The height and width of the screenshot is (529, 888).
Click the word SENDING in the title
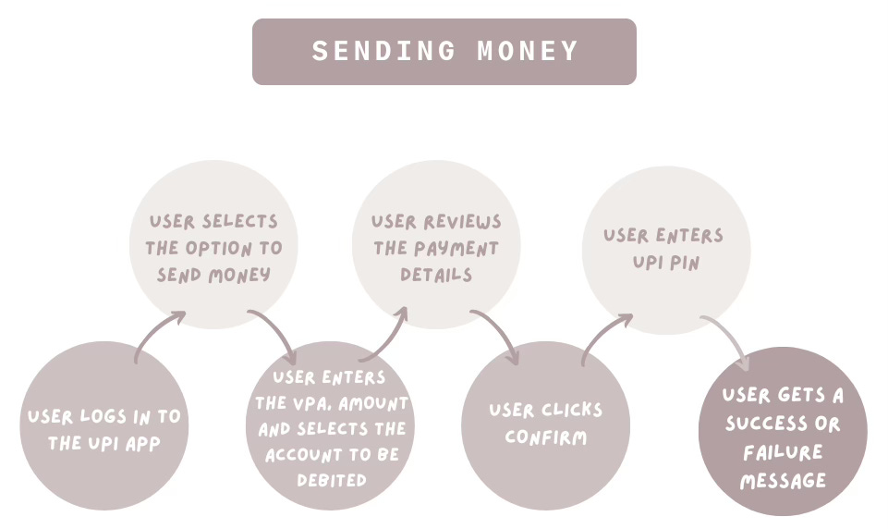383,52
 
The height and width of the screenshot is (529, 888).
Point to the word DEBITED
330,481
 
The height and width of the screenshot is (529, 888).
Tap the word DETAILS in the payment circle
436,275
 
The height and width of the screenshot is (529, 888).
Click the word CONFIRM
545,437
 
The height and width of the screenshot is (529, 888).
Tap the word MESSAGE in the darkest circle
783,481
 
